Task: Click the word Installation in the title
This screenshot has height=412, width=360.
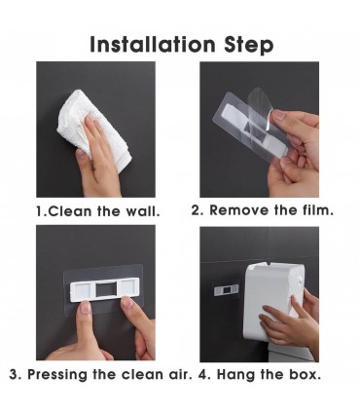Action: pos(153,44)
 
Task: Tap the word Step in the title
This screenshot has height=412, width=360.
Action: pos(249,46)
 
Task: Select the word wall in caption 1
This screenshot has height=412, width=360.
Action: pos(142,211)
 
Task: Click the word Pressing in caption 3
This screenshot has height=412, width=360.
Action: pos(57,374)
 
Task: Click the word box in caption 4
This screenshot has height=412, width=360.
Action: pos(304,374)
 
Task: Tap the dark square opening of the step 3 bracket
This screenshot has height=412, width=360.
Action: pos(105,288)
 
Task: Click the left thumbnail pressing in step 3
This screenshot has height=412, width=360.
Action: pos(86,307)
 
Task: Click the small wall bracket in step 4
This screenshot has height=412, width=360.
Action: pos(226,289)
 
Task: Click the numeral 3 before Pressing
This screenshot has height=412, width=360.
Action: pos(14,374)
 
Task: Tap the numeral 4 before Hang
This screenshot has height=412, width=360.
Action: pos(203,374)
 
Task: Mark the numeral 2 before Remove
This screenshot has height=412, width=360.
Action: pos(196,210)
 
